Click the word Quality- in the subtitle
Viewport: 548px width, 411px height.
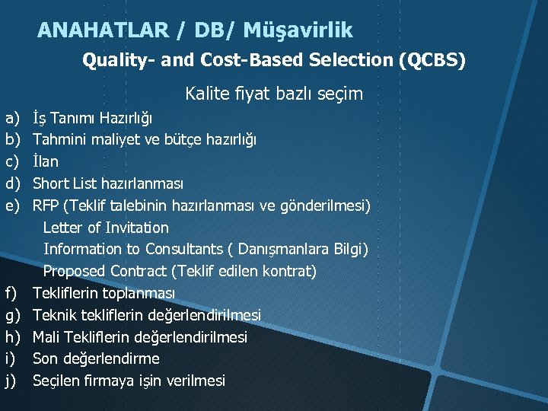117,60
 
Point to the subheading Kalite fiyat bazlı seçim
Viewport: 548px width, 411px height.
274,94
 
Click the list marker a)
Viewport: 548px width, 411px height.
13,119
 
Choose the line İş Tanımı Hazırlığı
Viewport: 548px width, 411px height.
92,119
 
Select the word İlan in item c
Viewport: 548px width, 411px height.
45,162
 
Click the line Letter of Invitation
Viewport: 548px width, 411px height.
106,228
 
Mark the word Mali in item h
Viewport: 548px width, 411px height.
46,336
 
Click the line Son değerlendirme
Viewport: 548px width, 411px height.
96,358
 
